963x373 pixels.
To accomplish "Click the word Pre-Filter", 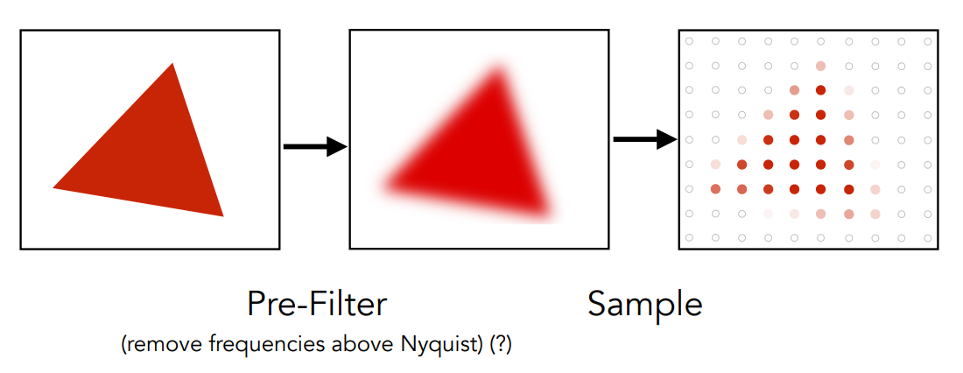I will (x=316, y=304).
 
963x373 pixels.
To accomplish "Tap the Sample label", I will (x=644, y=304).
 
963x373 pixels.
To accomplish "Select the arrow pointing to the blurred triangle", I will (x=315, y=146).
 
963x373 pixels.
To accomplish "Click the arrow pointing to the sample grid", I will (x=645, y=138).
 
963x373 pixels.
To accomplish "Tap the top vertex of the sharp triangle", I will (x=172, y=64).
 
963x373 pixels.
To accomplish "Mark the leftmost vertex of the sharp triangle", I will (x=54, y=186).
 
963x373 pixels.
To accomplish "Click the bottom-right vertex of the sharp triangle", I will (x=222, y=215).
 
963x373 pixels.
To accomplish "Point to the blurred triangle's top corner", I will (x=497, y=72).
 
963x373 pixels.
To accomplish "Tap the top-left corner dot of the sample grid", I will (x=689, y=41).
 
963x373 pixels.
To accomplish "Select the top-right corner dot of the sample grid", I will (x=927, y=41).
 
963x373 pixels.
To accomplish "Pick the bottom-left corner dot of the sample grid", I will (x=689, y=237).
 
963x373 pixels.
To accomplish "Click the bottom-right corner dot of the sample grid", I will (x=927, y=237).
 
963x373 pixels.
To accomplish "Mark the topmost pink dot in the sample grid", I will (x=820, y=66).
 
